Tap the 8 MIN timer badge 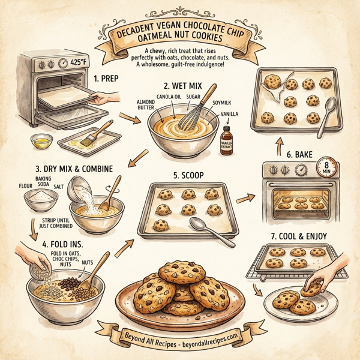click(x=325, y=167)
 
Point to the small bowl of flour click(x=40, y=199)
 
